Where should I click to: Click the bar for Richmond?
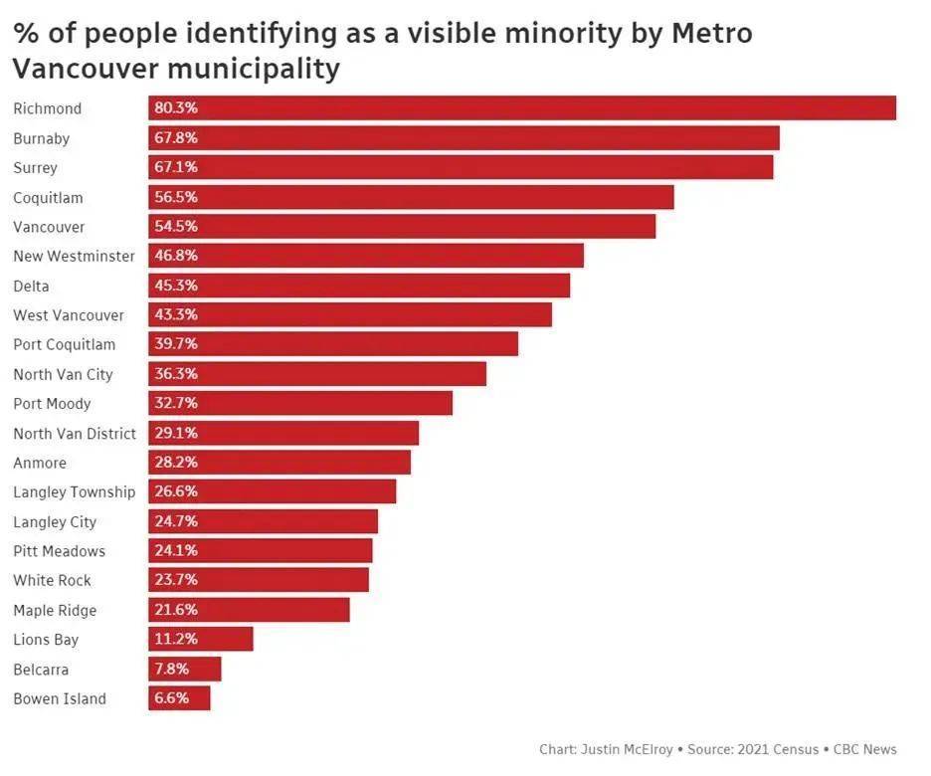point(522,107)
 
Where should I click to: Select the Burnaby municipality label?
point(41,138)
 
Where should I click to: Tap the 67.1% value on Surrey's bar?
point(176,167)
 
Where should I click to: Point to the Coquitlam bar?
point(411,197)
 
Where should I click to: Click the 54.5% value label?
point(176,226)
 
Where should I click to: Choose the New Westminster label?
point(74,256)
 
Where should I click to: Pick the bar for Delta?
point(359,286)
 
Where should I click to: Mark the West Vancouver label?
point(69,315)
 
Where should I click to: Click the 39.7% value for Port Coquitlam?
point(176,344)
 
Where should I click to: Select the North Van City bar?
point(317,374)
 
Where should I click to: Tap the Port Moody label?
point(52,404)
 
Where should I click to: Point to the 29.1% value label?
point(176,433)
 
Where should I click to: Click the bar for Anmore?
point(279,463)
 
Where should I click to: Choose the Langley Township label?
point(74,492)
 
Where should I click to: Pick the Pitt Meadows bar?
point(261,551)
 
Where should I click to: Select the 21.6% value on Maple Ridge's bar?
point(176,610)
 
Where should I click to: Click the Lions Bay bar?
point(201,640)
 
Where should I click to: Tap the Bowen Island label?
point(60,698)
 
